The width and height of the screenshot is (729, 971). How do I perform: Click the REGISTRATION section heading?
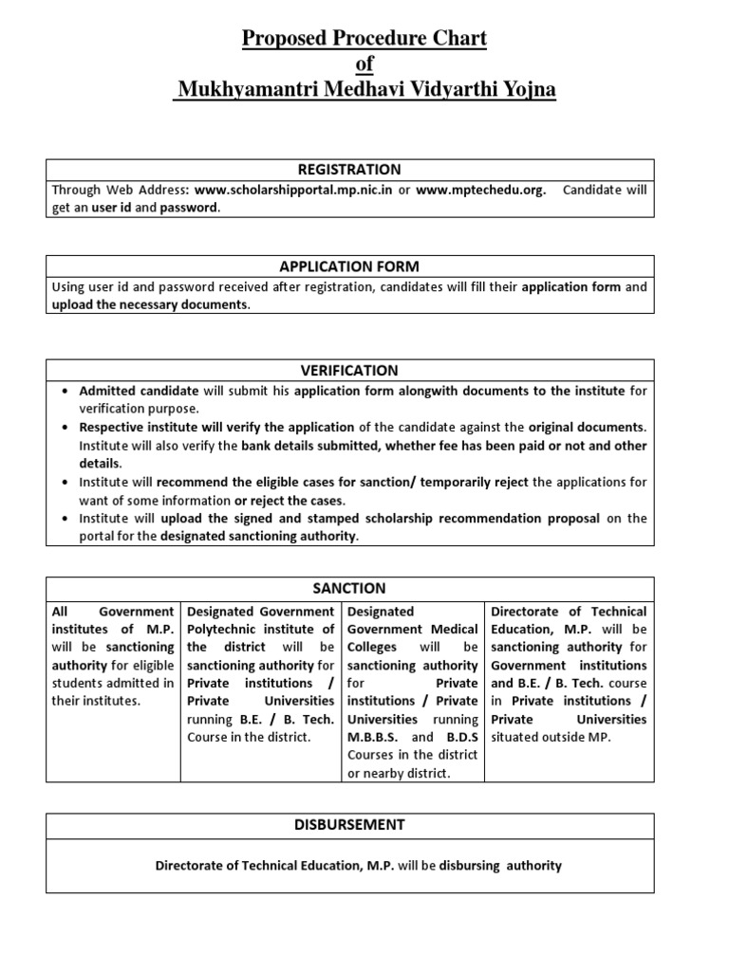[x=349, y=170]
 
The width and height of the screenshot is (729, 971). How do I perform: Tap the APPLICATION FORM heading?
[x=349, y=266]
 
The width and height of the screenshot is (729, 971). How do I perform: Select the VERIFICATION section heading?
[x=349, y=371]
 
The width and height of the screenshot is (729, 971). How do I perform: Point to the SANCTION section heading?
[x=349, y=589]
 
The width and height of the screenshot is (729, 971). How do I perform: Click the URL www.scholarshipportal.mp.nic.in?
[x=293, y=190]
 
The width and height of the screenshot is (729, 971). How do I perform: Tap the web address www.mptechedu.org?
[x=480, y=190]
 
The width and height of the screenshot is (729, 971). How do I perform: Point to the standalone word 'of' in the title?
[x=364, y=64]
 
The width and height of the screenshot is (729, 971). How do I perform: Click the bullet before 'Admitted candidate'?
[x=64, y=391]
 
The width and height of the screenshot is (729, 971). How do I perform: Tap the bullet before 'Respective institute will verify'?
[x=64, y=427]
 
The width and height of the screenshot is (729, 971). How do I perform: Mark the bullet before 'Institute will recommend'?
[x=64, y=483]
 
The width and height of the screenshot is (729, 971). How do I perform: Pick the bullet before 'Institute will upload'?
[x=64, y=519]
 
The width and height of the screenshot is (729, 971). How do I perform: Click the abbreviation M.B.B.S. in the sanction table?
[x=374, y=737]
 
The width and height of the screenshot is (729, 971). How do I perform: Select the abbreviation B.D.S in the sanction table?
[x=461, y=737]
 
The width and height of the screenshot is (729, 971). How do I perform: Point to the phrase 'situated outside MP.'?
[x=551, y=737]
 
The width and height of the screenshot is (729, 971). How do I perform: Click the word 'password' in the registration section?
[x=188, y=208]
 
